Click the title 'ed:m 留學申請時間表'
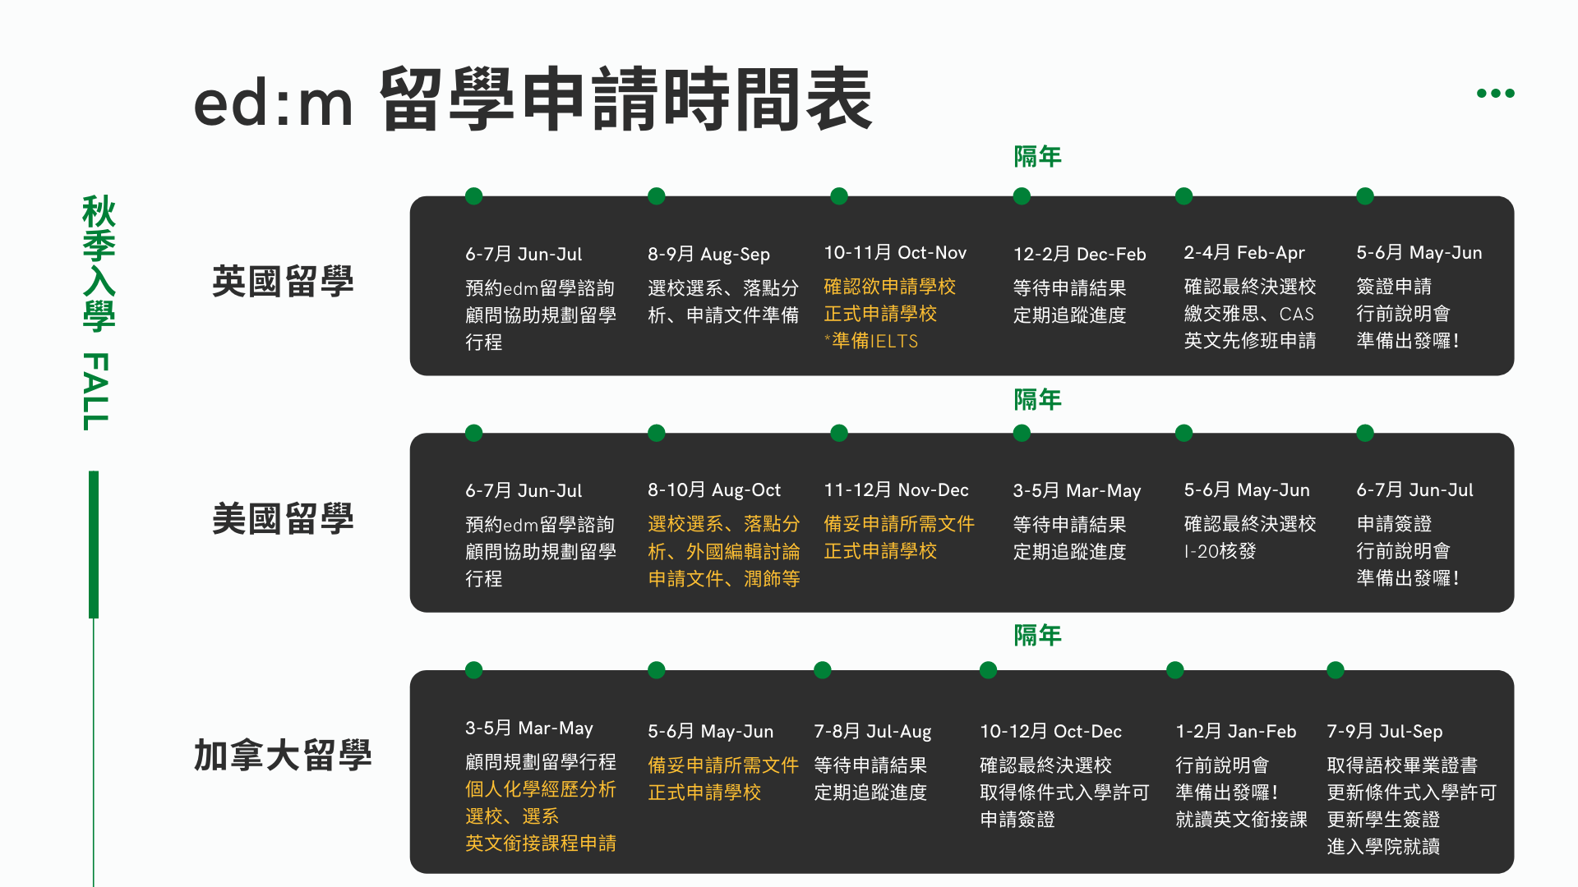click(x=533, y=100)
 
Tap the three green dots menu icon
click(x=1495, y=93)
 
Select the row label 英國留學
click(x=283, y=282)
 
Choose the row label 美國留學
click(x=283, y=519)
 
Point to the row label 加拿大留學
click(x=283, y=756)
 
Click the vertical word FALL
click(x=96, y=391)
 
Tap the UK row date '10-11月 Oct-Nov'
click(x=895, y=253)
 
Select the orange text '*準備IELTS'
click(x=871, y=341)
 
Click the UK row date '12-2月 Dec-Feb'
click(x=1079, y=255)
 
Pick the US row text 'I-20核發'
click(x=1220, y=551)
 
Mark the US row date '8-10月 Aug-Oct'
click(x=713, y=490)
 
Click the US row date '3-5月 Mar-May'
click(x=1077, y=491)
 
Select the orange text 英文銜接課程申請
click(x=541, y=843)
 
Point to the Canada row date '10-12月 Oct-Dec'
click(x=1050, y=732)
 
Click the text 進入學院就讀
click(x=1383, y=847)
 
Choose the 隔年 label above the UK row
click(x=1037, y=156)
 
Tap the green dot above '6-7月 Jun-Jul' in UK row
click(x=473, y=196)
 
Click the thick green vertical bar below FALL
click(x=94, y=545)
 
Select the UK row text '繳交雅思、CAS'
click(x=1248, y=314)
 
